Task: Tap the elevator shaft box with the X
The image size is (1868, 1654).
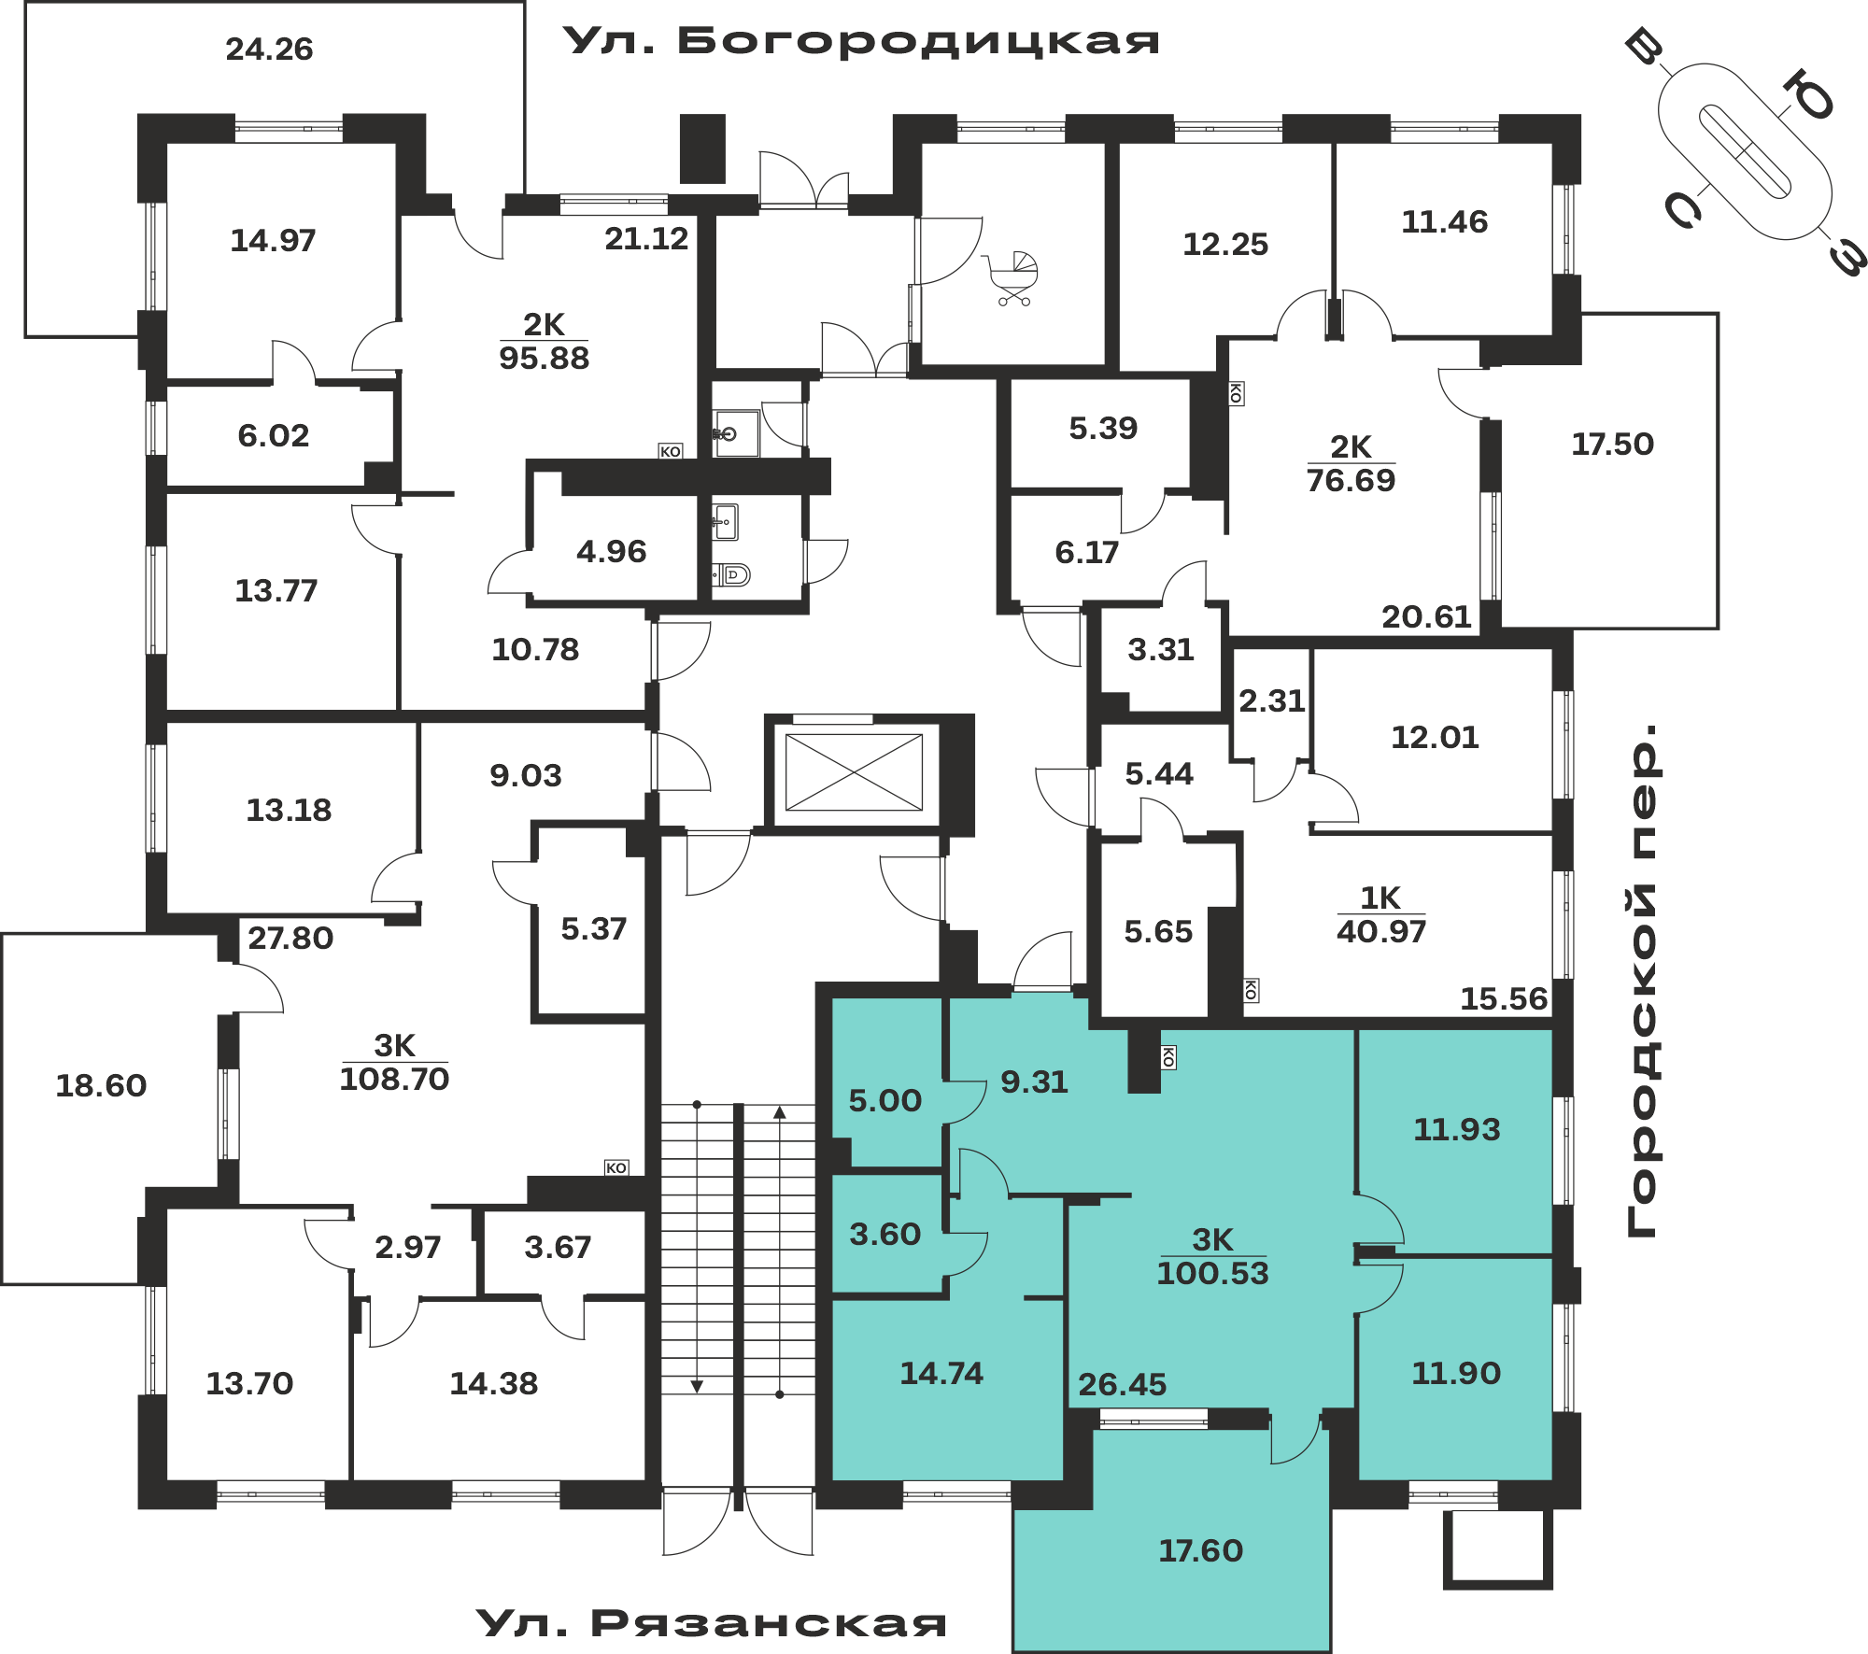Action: click(854, 772)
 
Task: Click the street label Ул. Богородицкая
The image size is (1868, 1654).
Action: click(861, 41)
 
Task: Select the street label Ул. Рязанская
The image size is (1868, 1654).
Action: click(712, 1624)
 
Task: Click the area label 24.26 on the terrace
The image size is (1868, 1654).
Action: click(269, 49)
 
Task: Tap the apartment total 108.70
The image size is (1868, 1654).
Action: click(394, 1080)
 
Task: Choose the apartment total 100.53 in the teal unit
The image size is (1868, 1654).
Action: click(1212, 1273)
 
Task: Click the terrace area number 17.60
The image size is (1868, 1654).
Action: click(1200, 1550)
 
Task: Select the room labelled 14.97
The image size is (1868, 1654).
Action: click(273, 241)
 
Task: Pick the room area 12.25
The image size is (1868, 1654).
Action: click(1225, 245)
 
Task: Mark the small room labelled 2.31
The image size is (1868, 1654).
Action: click(1271, 700)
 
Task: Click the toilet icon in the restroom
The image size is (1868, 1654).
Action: click(733, 574)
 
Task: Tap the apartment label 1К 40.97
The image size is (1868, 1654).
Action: click(1381, 915)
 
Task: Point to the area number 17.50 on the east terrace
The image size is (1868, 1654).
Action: click(1612, 444)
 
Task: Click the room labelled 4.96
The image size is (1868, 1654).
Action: click(611, 552)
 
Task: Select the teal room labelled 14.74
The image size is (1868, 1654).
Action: click(941, 1373)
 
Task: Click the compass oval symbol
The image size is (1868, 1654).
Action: click(1744, 151)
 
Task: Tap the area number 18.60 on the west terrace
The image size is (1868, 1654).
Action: click(101, 1085)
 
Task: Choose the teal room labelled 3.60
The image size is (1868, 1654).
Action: click(884, 1235)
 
